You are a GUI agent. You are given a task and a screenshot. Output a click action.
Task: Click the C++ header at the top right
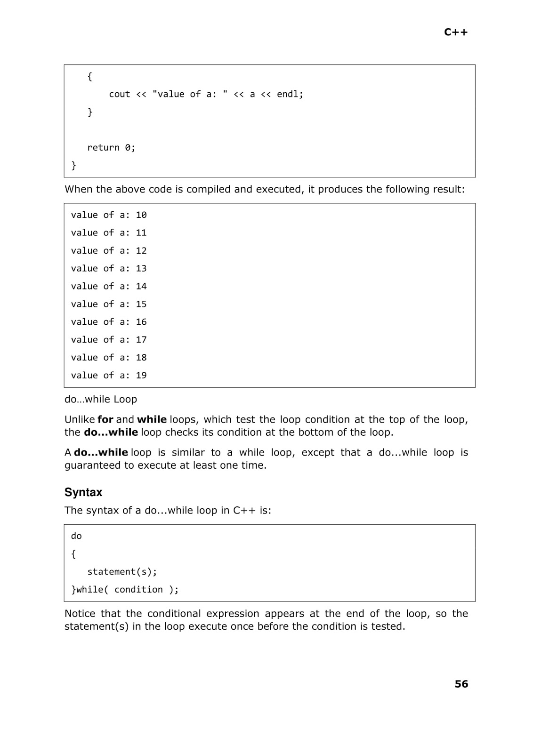coord(456,32)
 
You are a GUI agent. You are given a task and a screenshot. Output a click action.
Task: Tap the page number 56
coord(461,684)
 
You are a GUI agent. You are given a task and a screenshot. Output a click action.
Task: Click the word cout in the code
coord(120,94)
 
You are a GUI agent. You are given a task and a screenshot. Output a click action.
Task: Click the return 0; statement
coord(111,148)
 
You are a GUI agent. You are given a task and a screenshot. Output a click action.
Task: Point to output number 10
coord(141,215)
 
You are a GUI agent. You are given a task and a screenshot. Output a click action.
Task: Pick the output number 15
coord(141,304)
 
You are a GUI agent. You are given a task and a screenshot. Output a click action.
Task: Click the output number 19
coord(141,376)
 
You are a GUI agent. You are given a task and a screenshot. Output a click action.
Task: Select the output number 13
coord(141,269)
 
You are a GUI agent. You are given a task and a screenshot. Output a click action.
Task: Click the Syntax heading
coord(83,492)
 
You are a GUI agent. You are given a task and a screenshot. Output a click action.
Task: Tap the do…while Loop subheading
coord(101,399)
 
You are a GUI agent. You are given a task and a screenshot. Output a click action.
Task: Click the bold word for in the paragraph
coord(105,419)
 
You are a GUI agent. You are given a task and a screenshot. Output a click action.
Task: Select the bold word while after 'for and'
coord(152,419)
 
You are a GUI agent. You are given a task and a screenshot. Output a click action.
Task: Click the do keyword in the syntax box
coord(76,536)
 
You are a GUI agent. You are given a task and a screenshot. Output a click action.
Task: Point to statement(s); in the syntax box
coord(122,572)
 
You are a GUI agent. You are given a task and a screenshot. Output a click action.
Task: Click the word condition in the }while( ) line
coord(138,590)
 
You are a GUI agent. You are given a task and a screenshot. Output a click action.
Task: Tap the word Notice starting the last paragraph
coord(79,613)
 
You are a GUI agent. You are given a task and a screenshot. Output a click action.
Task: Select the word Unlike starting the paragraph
coord(80,419)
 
